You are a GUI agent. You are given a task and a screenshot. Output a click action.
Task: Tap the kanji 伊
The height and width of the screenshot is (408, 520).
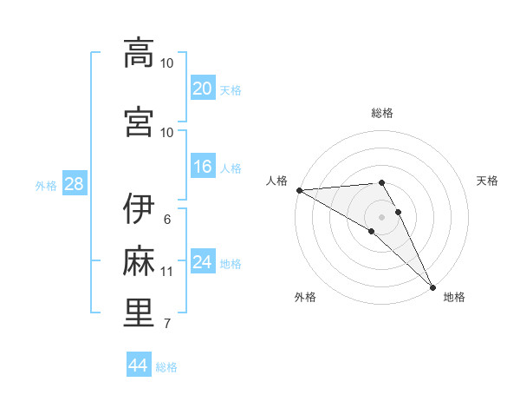pos(139,208)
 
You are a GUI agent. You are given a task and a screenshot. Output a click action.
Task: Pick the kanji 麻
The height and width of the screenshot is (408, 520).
pos(139,260)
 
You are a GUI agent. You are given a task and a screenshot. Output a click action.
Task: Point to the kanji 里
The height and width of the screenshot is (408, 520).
pos(139,313)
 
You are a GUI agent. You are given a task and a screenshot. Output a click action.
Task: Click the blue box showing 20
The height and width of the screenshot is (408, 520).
pos(202,88)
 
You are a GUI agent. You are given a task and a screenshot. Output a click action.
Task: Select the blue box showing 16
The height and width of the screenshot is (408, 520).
pos(202,167)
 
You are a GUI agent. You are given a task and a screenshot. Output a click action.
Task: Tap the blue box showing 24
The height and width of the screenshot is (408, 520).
pos(202,262)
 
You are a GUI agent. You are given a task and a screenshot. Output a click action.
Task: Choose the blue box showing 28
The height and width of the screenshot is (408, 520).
pos(73,184)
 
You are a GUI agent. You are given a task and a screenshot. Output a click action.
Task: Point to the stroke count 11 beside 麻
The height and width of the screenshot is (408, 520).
pos(166,272)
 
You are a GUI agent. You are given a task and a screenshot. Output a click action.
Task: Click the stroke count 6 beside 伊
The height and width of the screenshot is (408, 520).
pos(166,220)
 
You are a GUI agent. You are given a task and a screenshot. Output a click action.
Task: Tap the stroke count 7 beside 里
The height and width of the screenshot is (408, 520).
pos(166,325)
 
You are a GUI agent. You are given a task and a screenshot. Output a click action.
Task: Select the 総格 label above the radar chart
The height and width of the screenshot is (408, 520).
pos(382,113)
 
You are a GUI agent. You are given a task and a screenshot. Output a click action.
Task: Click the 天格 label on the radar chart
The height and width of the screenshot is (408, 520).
pos(488,181)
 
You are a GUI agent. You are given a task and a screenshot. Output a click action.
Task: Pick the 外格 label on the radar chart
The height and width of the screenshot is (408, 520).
pos(304,297)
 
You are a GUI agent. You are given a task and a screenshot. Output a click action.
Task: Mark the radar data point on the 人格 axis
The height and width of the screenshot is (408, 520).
pos(299,190)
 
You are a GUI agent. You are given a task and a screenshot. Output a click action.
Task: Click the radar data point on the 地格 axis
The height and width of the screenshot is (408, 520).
pos(432,287)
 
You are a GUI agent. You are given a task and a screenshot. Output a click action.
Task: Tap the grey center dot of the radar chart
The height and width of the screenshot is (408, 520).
pos(381,217)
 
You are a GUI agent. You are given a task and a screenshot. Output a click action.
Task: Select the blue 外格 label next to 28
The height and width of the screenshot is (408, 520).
pos(46,185)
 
